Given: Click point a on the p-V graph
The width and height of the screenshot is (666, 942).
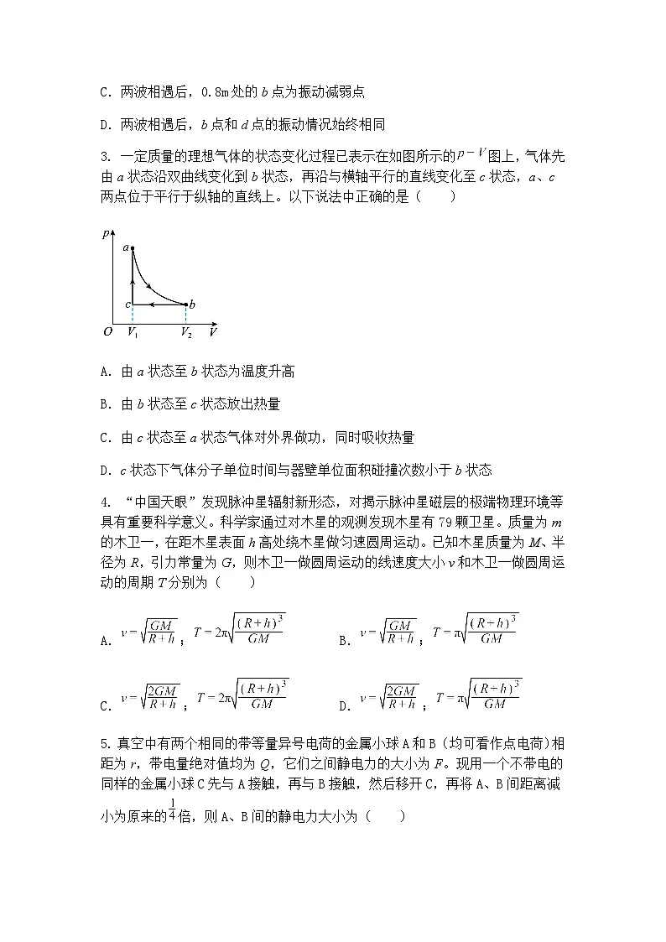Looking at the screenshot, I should pyautogui.click(x=133, y=248).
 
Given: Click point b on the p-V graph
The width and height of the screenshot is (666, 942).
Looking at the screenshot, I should pyautogui.click(x=185, y=304).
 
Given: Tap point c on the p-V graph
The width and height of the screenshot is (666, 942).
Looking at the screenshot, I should pyautogui.click(x=133, y=304).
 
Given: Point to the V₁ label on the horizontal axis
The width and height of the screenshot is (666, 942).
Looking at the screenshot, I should pyautogui.click(x=133, y=333).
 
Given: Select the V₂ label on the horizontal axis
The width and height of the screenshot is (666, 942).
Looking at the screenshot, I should pyautogui.click(x=186, y=333).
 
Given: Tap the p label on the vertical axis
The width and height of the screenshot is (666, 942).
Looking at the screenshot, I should pyautogui.click(x=105, y=234).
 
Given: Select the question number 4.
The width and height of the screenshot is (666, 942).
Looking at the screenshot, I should pyautogui.click(x=103, y=502).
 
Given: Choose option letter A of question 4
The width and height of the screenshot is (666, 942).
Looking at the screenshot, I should pyautogui.click(x=105, y=641).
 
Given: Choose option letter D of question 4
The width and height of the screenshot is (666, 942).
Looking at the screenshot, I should pyautogui.click(x=343, y=706).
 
